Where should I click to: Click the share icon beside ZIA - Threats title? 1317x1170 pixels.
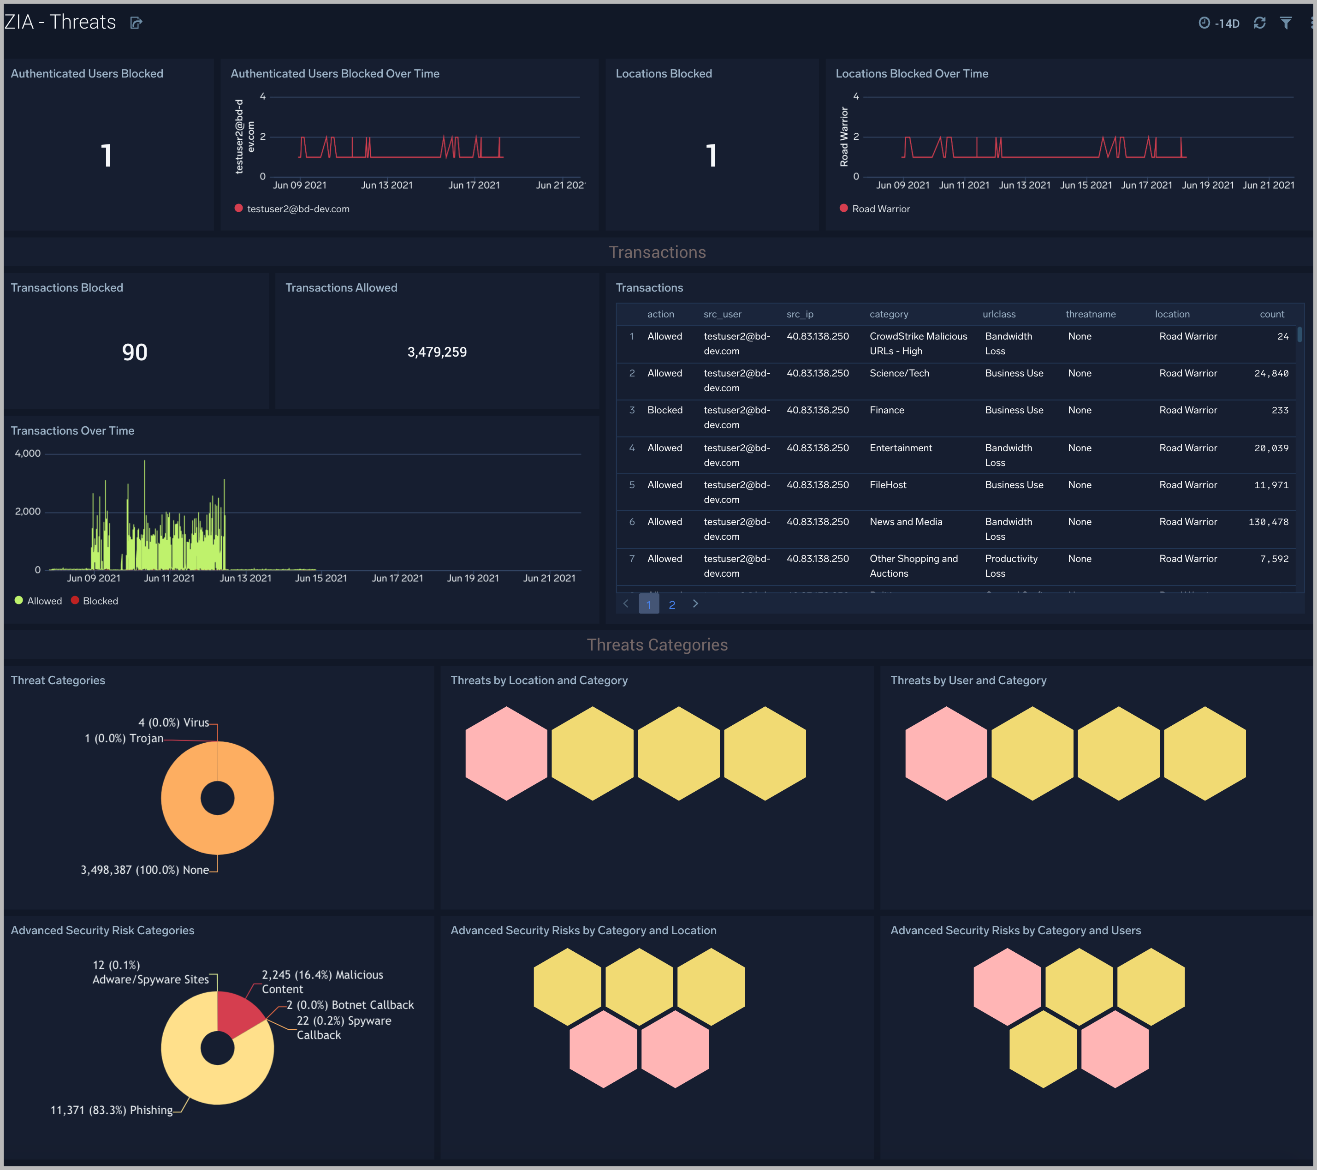pos(136,23)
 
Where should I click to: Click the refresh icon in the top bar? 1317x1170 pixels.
pos(1259,23)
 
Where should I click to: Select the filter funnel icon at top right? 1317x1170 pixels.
pos(1286,23)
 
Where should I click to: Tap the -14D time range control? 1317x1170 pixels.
pos(1219,23)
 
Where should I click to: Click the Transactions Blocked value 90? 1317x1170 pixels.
pos(135,352)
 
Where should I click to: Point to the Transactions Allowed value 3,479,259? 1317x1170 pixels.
pos(437,352)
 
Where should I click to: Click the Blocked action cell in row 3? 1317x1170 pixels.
pos(664,411)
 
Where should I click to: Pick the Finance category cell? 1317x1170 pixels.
pos(887,411)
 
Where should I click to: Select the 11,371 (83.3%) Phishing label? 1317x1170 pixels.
pos(112,1110)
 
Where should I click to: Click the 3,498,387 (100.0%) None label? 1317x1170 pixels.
pos(144,870)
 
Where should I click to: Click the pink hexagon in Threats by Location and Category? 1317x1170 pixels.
pos(506,753)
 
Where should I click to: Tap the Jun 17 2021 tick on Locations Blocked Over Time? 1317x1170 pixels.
pos(1146,185)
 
